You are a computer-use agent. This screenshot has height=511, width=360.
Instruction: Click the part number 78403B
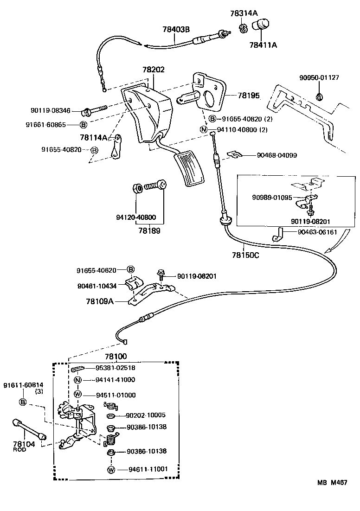(x=176, y=29)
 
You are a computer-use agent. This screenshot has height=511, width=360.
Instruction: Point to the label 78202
(x=153, y=70)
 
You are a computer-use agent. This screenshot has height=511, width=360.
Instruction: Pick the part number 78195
(x=249, y=96)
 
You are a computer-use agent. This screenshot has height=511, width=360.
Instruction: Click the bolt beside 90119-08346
(x=95, y=110)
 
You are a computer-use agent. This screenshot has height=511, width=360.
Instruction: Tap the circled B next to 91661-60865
(x=84, y=125)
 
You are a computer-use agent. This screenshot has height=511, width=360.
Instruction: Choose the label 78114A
(x=93, y=137)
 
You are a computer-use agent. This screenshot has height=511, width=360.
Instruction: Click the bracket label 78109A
(x=99, y=301)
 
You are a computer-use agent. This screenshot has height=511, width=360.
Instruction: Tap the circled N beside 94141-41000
(x=77, y=380)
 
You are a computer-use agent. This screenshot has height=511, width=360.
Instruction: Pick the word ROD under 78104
(x=19, y=450)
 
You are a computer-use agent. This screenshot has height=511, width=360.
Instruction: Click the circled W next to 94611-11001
(x=111, y=470)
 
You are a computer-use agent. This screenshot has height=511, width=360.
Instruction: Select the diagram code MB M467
(x=332, y=482)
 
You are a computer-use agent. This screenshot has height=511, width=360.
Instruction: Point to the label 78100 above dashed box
(x=116, y=357)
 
